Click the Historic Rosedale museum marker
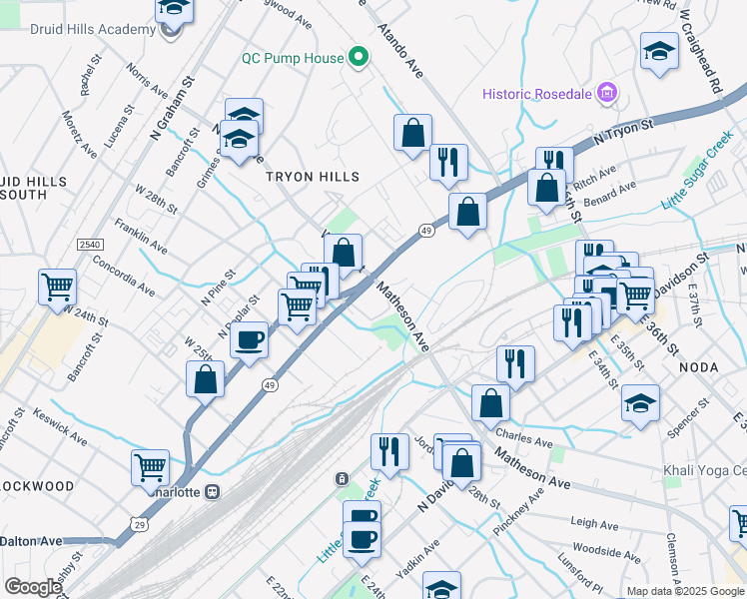point(605,94)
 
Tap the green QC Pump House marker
point(357,58)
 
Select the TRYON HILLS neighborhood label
point(312,177)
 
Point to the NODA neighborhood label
point(698,367)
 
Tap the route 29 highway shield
point(139,523)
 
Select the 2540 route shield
point(90,245)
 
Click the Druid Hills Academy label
point(78,29)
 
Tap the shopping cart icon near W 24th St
point(58,287)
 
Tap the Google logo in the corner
point(33,587)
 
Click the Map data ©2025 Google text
point(685,591)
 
